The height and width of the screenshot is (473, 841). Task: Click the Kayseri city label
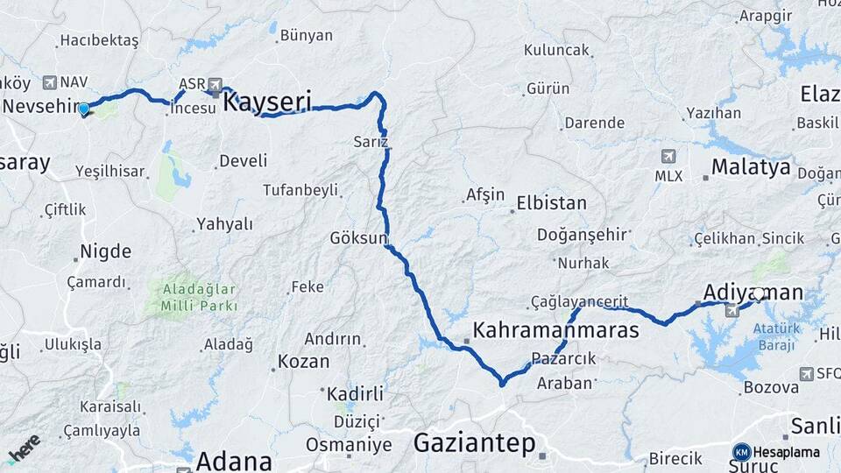(267, 102)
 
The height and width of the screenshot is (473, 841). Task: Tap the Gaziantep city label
(474, 443)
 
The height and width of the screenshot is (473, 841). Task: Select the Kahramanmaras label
(555, 330)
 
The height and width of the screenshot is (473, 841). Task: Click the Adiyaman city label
(753, 292)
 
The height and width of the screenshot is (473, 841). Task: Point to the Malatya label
(750, 166)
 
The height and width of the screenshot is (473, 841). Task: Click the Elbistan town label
(551, 202)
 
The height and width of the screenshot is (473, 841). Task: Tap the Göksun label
(358, 237)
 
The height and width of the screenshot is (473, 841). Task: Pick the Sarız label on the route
(371, 141)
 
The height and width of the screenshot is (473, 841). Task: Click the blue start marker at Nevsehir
(84, 109)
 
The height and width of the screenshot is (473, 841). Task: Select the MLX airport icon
(668, 157)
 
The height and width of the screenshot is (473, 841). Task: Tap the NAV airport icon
(48, 81)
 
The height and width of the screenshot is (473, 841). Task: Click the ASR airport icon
(215, 85)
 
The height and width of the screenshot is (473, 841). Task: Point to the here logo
(24, 448)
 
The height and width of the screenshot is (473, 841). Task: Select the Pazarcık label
(563, 358)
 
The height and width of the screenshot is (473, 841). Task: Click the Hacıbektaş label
(99, 40)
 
